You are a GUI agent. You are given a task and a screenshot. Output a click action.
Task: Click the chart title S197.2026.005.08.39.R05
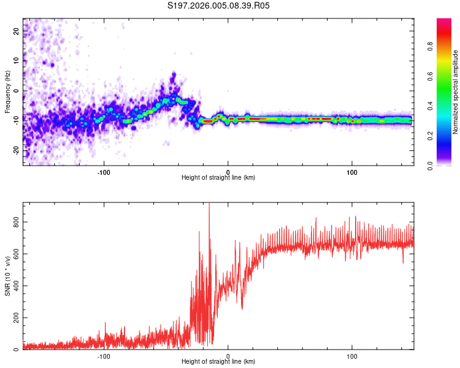tap(219, 6)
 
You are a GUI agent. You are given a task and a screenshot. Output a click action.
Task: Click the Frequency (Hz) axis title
tap(7, 92)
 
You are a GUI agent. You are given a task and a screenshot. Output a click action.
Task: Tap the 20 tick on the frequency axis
tap(17, 31)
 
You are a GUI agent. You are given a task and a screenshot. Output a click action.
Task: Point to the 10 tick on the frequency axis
tap(17, 61)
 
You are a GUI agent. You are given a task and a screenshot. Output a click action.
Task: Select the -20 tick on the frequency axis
tap(17, 150)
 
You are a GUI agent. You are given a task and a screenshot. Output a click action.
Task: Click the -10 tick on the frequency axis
tap(17, 120)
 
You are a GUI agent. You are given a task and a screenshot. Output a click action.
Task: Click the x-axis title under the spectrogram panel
tap(218, 178)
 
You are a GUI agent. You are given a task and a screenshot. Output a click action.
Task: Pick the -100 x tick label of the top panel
tap(104, 171)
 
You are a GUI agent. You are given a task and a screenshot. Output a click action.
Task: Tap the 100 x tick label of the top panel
tap(352, 171)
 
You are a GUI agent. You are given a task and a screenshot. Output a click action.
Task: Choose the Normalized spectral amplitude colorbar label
tap(456, 92)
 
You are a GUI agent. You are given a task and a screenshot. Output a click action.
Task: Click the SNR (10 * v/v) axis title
tap(7, 276)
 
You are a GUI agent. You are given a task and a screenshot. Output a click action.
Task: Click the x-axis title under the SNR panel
tap(218, 362)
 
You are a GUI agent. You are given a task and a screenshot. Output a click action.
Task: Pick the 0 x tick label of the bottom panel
tap(228, 356)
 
